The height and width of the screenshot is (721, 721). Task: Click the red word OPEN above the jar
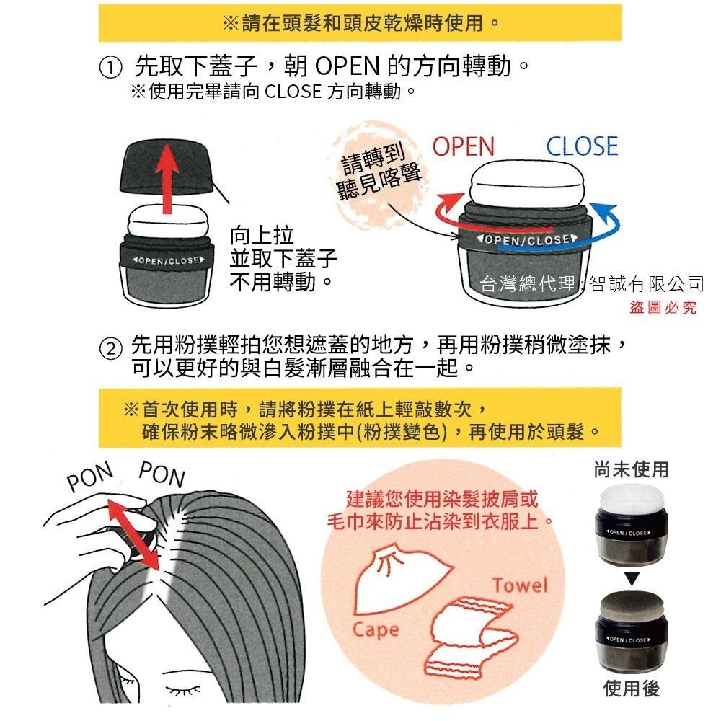pyautogui.click(x=464, y=146)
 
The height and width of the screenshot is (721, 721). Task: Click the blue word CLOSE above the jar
pyautogui.click(x=582, y=146)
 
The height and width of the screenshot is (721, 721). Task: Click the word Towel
pyautogui.click(x=520, y=585)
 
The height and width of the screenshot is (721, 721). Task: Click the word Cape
pyautogui.click(x=375, y=629)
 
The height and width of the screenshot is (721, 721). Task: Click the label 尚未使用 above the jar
pyautogui.click(x=632, y=470)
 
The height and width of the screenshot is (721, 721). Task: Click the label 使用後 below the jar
pyautogui.click(x=632, y=689)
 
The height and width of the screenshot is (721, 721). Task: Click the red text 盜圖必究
pyautogui.click(x=663, y=309)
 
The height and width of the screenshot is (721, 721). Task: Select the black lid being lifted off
pyautogui.click(x=167, y=166)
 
